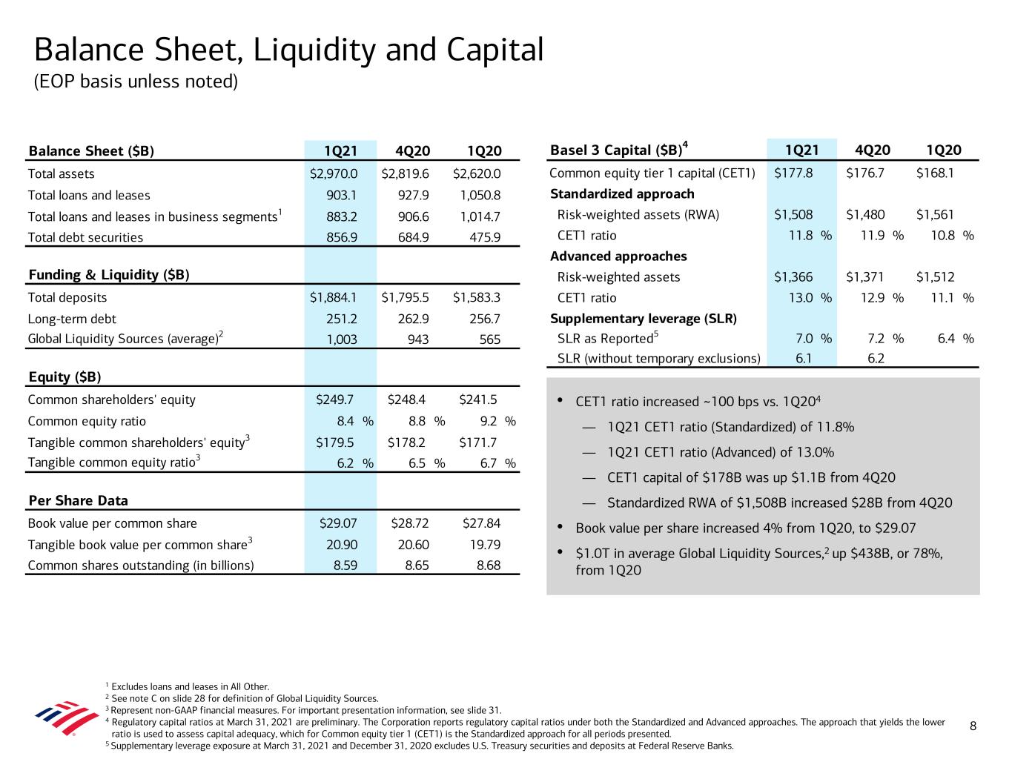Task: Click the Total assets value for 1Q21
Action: [334, 173]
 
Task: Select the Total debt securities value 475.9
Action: [485, 237]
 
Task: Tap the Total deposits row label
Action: [67, 298]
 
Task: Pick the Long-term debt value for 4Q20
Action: [413, 319]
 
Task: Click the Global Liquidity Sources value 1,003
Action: [342, 339]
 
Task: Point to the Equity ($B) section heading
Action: [65, 377]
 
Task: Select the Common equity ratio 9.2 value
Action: [489, 421]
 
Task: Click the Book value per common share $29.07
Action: [338, 523]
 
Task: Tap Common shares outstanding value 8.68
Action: [489, 566]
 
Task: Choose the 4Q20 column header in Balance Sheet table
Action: [413, 151]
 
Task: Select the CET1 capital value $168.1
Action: [935, 173]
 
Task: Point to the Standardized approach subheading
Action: [622, 194]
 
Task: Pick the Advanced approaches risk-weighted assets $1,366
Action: [793, 277]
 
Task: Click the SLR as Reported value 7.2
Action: [876, 339]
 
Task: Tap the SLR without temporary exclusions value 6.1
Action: [804, 359]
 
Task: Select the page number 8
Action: [973, 726]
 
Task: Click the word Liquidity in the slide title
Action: [314, 50]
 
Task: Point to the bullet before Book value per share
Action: [560, 526]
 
